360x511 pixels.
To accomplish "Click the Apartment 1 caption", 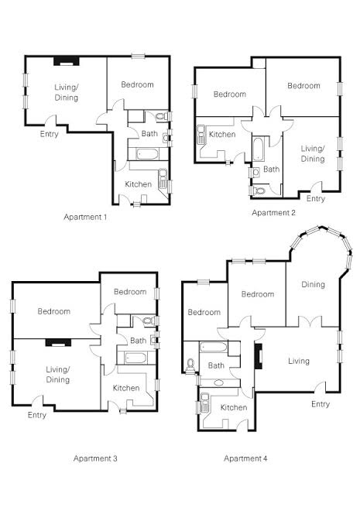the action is [85, 217].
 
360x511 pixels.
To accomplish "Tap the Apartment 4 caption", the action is [245, 458].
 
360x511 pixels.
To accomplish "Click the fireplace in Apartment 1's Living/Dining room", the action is [67, 61].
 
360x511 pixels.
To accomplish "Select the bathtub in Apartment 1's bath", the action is [147, 154].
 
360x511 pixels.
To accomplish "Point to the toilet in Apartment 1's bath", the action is [161, 116].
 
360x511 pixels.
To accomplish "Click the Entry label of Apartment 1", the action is [50, 134].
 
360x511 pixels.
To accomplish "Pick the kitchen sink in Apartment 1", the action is [163, 178].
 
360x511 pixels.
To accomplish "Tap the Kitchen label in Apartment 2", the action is [222, 134].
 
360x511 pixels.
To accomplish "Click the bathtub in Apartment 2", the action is [259, 149].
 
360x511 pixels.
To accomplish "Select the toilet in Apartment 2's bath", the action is [258, 190].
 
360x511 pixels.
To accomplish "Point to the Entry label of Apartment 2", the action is [316, 198].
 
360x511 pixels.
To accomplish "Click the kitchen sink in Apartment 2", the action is [201, 134].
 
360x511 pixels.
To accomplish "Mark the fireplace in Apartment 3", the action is [58, 342].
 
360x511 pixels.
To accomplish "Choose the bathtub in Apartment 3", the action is [135, 358].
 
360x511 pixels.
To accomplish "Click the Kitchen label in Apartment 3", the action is [126, 388].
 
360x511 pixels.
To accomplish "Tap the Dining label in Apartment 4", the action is [313, 284].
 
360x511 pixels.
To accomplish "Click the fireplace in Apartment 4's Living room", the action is [259, 356].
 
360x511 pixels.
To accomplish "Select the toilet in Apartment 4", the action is [190, 365].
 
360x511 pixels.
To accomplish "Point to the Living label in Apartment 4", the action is [299, 361].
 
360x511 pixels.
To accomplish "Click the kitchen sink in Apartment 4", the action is [205, 403].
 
